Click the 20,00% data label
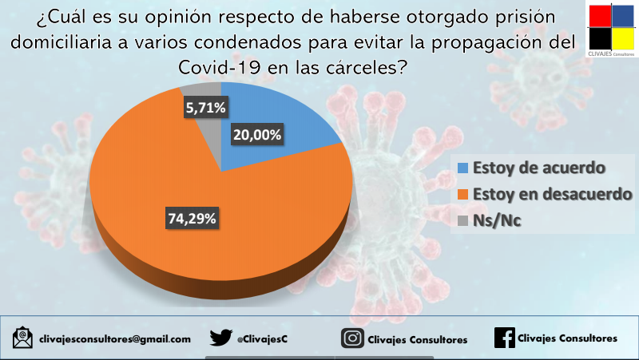[257, 135]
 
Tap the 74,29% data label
[192, 219]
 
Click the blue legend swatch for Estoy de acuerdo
[463, 168]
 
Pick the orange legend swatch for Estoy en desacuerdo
[463, 194]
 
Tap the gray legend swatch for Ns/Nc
[463, 221]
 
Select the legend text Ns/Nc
[497, 221]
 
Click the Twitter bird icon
[221, 338]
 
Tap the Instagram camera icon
[351, 338]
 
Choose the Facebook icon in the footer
[504, 338]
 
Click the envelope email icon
[23, 338]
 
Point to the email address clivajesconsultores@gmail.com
[114, 339]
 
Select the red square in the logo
[599, 16]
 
